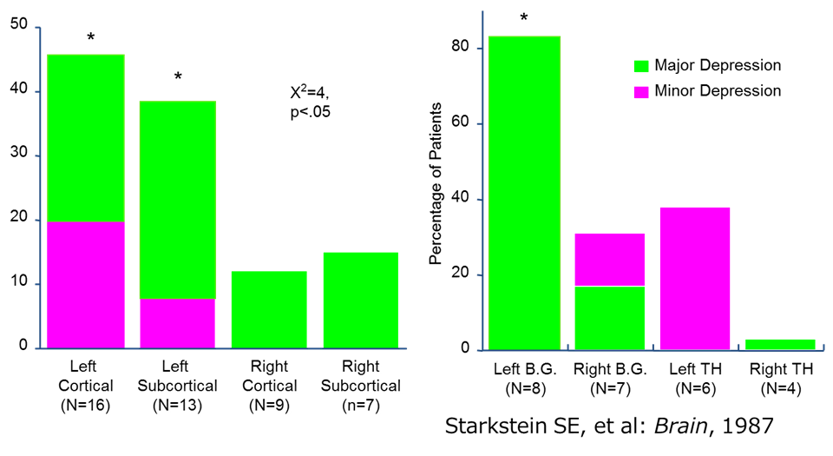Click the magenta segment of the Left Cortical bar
(86, 285)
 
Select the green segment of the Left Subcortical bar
(177, 200)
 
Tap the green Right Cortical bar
(269, 309)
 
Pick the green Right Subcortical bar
(360, 301)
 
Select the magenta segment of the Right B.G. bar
(609, 259)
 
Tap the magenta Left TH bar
(693, 278)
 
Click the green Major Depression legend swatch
(641, 66)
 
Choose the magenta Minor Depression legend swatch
(641, 90)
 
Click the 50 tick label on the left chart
(18, 28)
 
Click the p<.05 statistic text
(310, 112)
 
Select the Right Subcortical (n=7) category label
(360, 386)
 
